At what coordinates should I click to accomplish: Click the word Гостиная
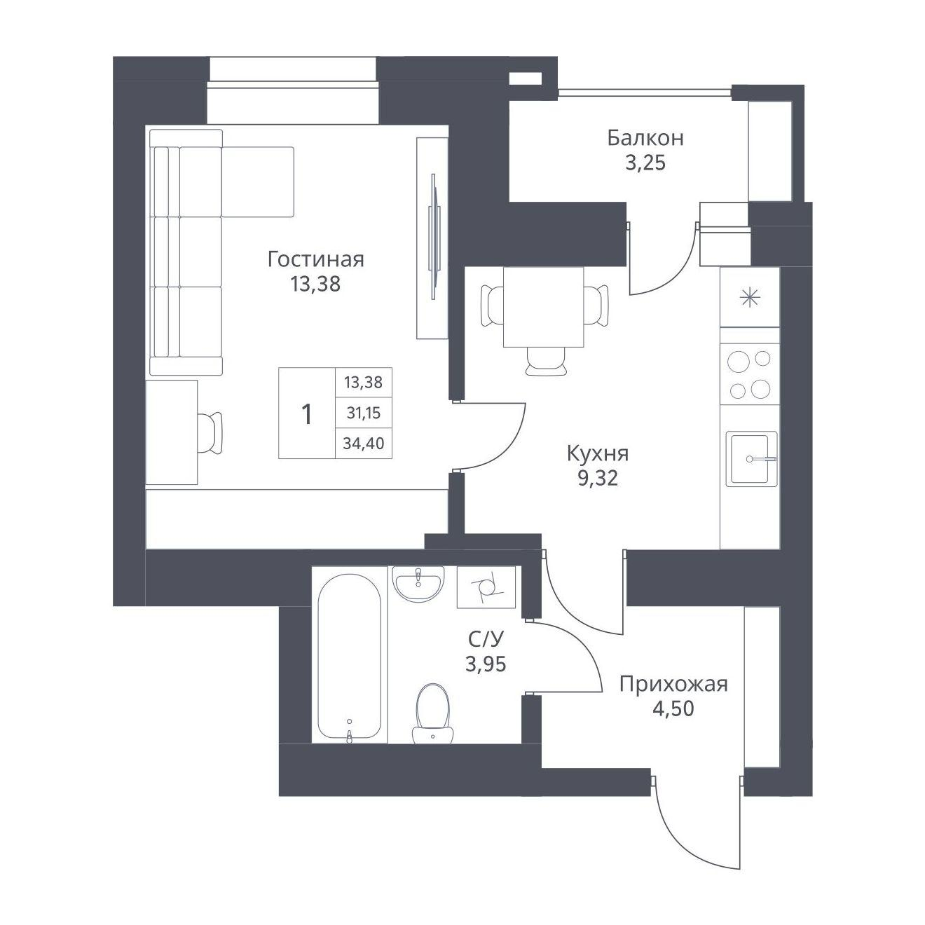[316, 260]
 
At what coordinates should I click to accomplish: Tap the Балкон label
[645, 138]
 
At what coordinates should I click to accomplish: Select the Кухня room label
[598, 453]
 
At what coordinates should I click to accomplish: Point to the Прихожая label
[673, 684]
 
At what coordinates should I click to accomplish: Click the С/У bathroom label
[486, 639]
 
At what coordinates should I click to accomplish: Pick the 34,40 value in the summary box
[364, 443]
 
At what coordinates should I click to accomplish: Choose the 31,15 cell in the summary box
[364, 413]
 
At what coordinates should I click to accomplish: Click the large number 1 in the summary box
[306, 414]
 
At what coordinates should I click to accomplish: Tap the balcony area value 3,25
[645, 163]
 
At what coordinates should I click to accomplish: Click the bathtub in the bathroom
[350, 657]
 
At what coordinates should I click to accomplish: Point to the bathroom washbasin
[418, 584]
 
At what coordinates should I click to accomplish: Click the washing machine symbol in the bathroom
[486, 587]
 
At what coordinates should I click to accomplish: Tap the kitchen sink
[752, 459]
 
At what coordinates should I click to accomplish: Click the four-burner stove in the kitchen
[750, 374]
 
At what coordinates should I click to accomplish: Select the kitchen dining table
[544, 306]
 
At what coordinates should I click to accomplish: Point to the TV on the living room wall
[434, 238]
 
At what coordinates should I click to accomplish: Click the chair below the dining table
[545, 362]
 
